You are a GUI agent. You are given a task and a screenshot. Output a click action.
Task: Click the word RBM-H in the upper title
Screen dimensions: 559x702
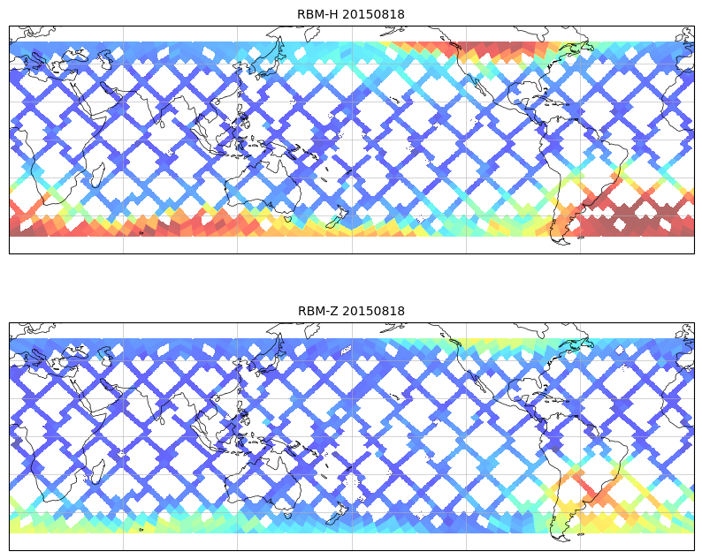point(317,14)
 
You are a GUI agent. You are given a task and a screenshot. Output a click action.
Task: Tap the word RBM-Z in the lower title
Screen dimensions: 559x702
point(317,311)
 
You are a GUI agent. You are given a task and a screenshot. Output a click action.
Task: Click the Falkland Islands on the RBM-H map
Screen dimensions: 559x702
point(581,237)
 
